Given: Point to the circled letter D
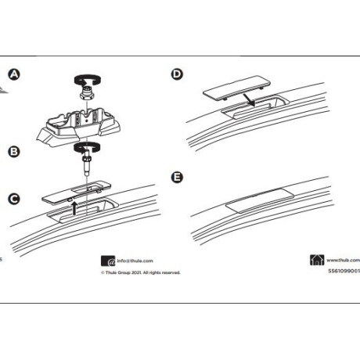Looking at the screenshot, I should (x=178, y=75).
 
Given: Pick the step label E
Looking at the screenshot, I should (x=178, y=178).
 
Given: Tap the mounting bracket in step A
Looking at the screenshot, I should (x=78, y=125).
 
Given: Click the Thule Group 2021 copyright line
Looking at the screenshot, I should (x=140, y=274).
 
